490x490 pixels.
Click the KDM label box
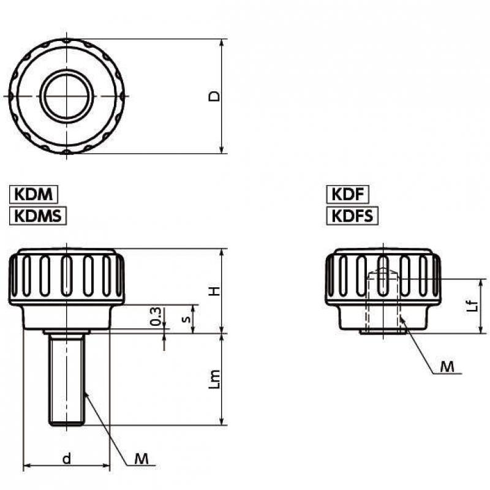tap(34, 194)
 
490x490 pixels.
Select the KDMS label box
tap(38, 216)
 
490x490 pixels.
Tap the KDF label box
tap(347, 194)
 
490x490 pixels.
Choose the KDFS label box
tap(352, 216)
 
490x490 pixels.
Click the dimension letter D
tap(214, 96)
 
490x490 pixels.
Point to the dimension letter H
tap(214, 292)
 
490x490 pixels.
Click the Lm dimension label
tap(214, 379)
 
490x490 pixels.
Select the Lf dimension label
tap(474, 305)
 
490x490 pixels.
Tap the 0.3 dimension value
tap(156, 316)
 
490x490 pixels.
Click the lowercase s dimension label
tap(187, 319)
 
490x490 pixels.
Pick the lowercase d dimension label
tap(67, 459)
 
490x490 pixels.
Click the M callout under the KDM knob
tap(141, 459)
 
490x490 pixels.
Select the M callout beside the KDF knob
tap(447, 366)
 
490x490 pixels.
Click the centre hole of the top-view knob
tap(67, 96)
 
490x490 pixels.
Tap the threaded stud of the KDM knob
tap(67, 379)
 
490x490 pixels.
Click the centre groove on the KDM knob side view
tap(67, 276)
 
